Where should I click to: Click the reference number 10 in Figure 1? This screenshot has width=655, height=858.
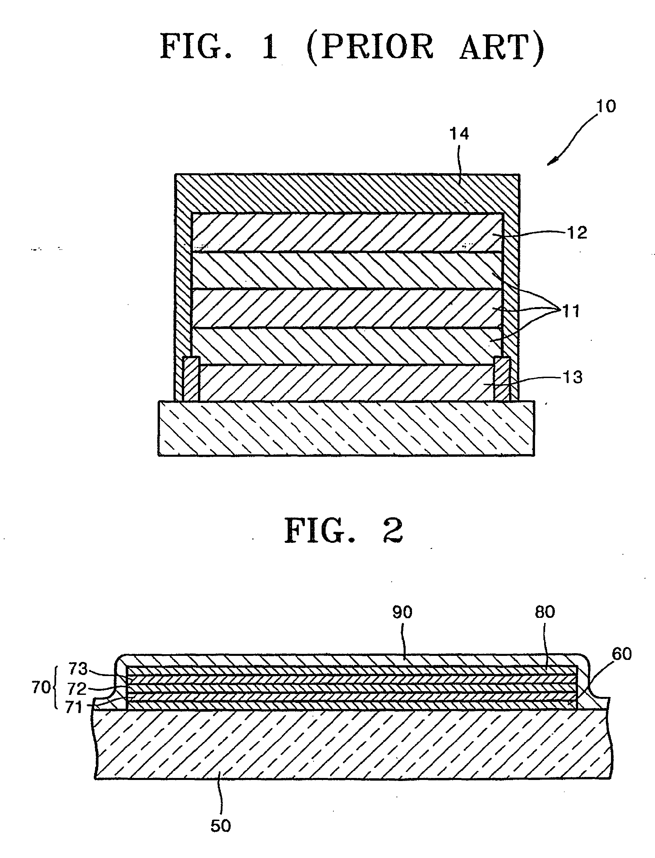(606, 106)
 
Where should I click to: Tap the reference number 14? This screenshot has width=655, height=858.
(459, 134)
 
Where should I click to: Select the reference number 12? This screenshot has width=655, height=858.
(577, 233)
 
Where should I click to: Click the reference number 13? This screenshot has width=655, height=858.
(572, 377)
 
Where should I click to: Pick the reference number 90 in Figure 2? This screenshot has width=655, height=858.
(402, 612)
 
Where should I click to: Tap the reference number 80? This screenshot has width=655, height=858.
(545, 612)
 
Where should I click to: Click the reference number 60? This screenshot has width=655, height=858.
(622, 654)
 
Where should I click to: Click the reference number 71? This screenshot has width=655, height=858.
(74, 707)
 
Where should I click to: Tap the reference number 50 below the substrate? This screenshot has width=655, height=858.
(221, 826)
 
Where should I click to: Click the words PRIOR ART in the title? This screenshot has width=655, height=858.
(425, 47)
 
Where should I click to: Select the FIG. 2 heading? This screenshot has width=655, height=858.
(343, 531)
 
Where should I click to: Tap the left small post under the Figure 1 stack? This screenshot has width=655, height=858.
(191, 379)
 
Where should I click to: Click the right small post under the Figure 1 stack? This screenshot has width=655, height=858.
(502, 379)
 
